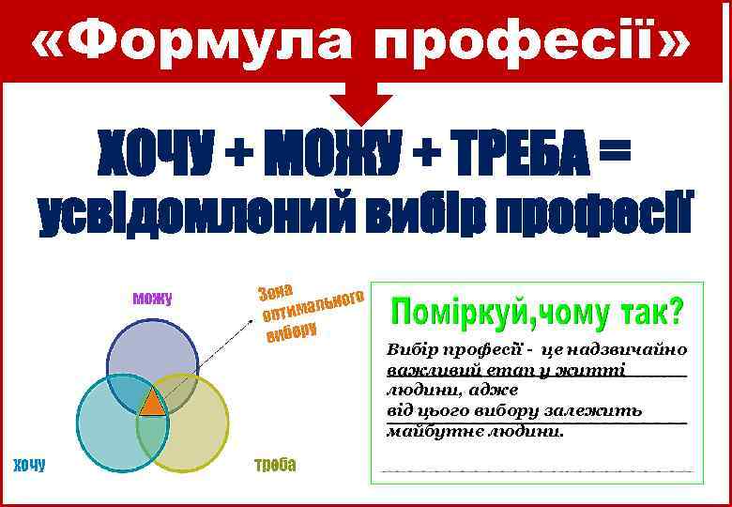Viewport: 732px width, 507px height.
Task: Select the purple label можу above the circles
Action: pyautogui.click(x=152, y=300)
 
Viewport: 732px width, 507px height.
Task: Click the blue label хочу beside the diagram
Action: pyautogui.click(x=28, y=464)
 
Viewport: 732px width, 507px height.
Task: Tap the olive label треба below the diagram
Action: pyautogui.click(x=275, y=464)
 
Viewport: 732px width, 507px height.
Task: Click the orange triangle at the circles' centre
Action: pyautogui.click(x=152, y=403)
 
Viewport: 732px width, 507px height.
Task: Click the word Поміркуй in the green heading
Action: pyautogui.click(x=459, y=309)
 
